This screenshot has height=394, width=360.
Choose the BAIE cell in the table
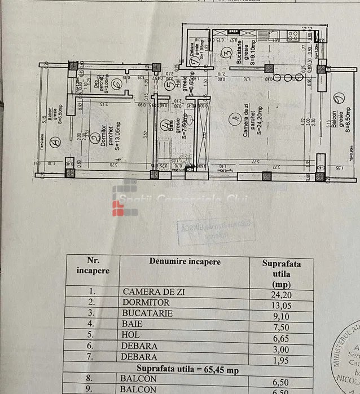[x=133, y=324]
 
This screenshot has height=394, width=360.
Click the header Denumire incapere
[x=185, y=262]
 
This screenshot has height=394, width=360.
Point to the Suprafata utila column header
[x=282, y=273]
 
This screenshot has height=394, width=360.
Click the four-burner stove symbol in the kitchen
[x=293, y=36]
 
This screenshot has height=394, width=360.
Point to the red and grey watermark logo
[x=125, y=201]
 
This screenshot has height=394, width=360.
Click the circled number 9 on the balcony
[x=337, y=99]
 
